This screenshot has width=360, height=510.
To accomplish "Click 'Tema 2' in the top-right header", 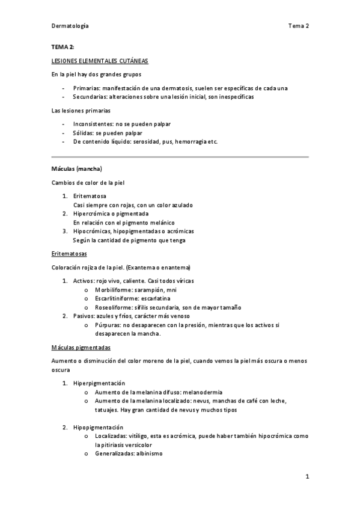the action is [x=298, y=26].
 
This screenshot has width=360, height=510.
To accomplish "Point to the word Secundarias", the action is [x=89, y=96].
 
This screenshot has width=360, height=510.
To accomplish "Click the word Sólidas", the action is [x=82, y=132].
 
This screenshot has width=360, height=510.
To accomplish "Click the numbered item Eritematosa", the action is [x=90, y=196].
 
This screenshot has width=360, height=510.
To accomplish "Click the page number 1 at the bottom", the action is [x=307, y=477].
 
